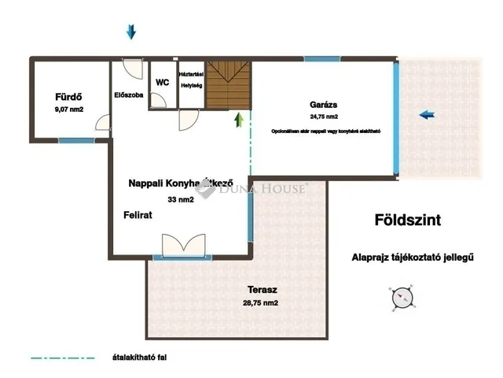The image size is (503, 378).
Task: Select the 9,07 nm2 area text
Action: [x=69, y=110]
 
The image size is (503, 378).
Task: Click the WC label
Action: [x=163, y=82]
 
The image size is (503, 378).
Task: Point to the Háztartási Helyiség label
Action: [x=192, y=78]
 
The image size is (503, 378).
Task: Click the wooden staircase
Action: [x=229, y=85]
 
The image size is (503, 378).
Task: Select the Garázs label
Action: [x=324, y=105]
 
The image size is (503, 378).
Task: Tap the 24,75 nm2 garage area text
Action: [x=324, y=116]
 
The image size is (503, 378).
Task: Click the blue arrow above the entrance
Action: [x=131, y=31]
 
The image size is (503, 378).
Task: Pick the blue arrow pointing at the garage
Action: [x=427, y=115]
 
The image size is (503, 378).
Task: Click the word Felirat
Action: [x=137, y=215]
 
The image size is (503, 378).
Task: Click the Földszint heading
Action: [x=407, y=221]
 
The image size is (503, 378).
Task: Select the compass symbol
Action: [x=401, y=298]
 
